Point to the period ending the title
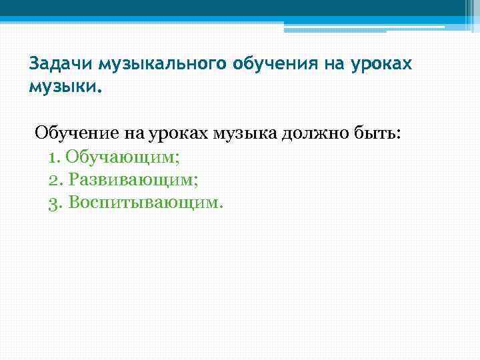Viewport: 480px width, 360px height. [x=101, y=91]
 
